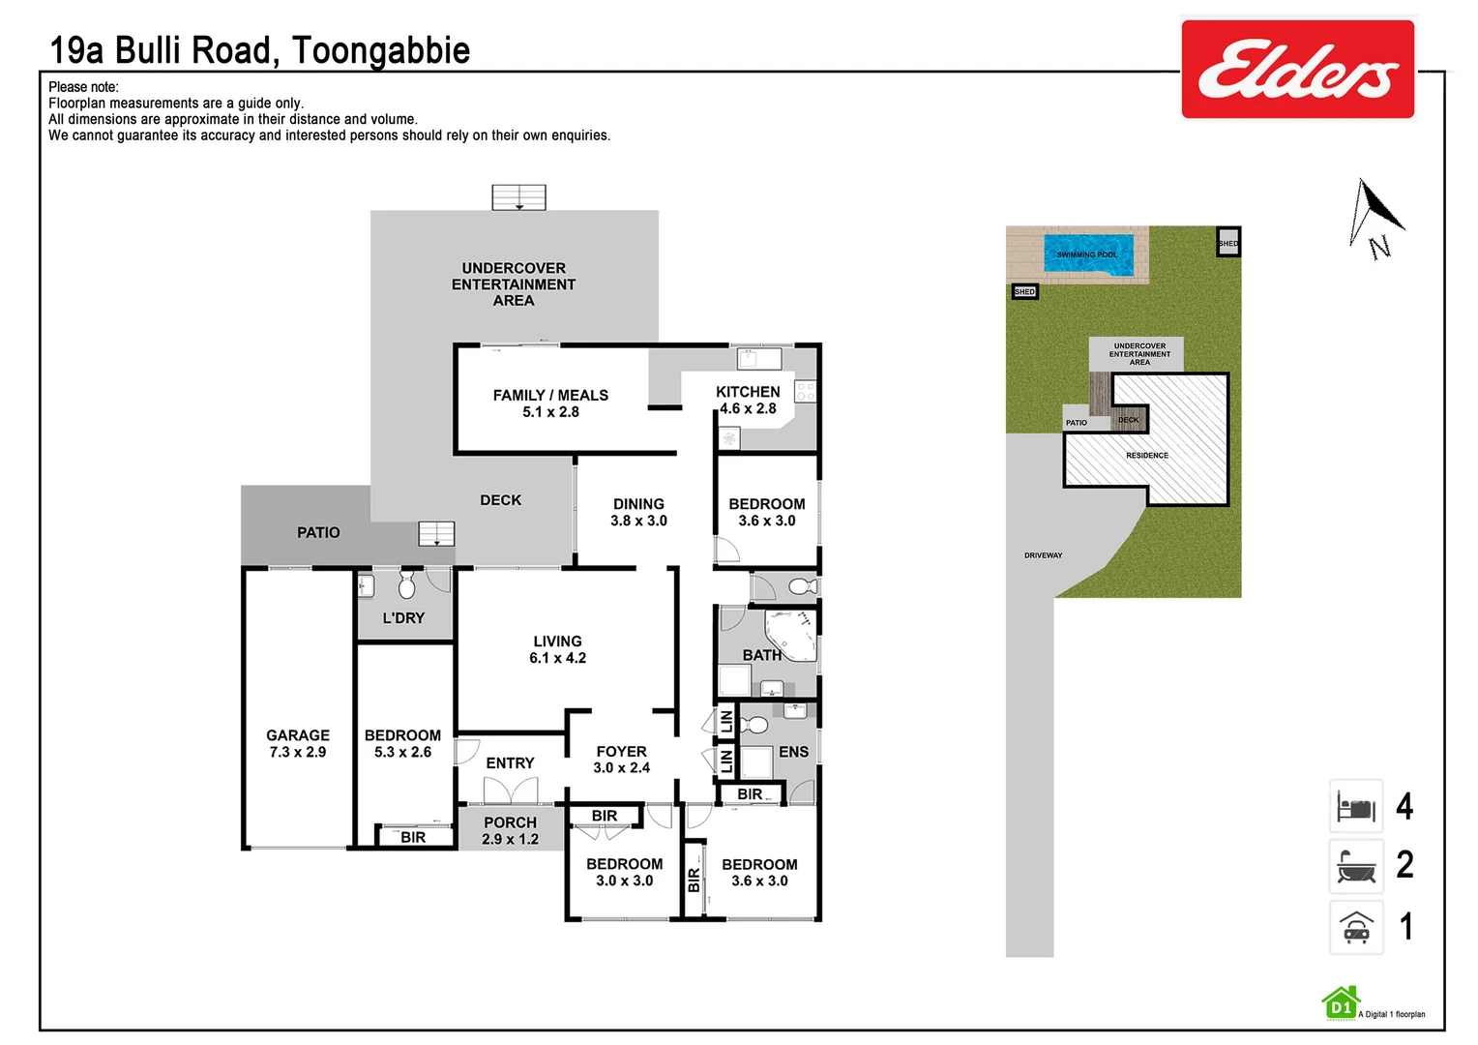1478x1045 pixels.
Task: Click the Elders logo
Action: (1297, 69)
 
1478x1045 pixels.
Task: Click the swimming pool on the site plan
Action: (1088, 254)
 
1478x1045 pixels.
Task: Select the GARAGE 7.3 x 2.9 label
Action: (298, 743)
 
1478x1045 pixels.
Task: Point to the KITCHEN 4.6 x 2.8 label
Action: (748, 400)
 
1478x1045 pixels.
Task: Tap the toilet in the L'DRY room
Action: (407, 585)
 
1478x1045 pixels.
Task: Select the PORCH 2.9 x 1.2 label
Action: (510, 830)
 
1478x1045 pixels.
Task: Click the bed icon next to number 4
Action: (1356, 807)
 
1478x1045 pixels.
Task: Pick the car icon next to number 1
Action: (1356, 928)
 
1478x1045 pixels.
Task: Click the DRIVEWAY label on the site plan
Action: (1043, 555)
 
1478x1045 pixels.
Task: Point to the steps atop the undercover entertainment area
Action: (518, 197)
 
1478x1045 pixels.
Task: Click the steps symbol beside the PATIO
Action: (436, 534)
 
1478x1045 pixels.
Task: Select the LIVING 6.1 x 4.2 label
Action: (557, 649)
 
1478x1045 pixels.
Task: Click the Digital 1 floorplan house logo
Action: (1341, 1004)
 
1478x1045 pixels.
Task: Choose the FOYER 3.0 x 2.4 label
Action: (621, 760)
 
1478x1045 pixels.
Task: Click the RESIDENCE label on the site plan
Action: (1147, 455)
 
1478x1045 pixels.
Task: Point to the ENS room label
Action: (793, 752)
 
